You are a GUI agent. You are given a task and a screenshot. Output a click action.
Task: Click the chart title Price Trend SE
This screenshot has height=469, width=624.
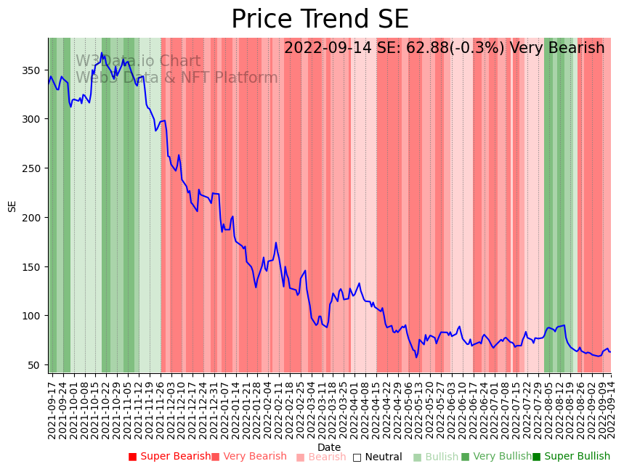(x=320, y=20)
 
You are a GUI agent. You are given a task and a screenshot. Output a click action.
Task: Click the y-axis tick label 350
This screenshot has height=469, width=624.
(x=34, y=70)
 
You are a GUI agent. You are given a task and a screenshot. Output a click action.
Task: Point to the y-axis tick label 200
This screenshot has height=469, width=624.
(x=34, y=218)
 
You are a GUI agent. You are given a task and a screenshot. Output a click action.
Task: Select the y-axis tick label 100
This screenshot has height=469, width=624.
(x=34, y=316)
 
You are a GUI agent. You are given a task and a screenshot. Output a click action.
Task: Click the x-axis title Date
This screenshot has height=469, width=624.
(x=329, y=447)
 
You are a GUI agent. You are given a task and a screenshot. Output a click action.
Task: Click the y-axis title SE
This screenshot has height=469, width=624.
(x=12, y=206)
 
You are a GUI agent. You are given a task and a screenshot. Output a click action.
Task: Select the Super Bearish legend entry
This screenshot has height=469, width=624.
(x=169, y=457)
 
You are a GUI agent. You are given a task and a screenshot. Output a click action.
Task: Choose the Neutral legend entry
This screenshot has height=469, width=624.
(x=377, y=457)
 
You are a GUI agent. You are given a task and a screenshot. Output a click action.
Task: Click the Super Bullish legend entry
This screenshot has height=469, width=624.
(x=571, y=457)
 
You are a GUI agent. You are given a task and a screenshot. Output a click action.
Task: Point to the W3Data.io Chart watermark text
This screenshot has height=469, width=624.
(x=138, y=61)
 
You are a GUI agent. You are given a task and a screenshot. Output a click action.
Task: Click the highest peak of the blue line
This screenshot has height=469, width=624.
(x=102, y=53)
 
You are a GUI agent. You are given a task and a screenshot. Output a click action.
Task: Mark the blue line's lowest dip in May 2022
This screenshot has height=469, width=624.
(x=417, y=357)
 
